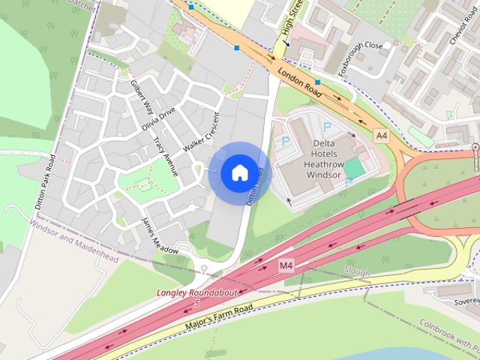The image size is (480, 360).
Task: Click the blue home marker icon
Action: click(x=238, y=172)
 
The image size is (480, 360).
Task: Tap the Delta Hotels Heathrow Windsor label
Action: click(x=324, y=158)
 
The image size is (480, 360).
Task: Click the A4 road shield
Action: click(x=382, y=136)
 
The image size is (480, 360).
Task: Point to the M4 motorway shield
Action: click(x=286, y=265)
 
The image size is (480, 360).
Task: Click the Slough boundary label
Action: click(x=357, y=271)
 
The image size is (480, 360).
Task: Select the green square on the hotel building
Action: click(x=352, y=168)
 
